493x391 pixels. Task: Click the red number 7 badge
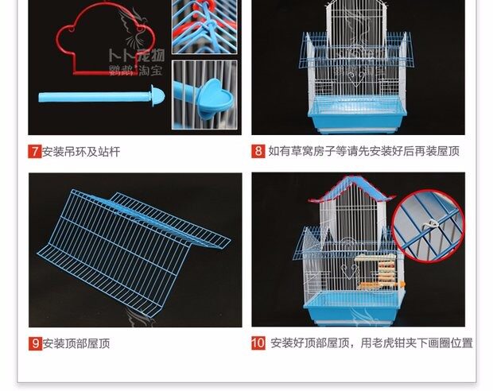click(35, 151)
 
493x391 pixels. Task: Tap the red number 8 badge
click(258, 151)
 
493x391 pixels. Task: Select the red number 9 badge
click(35, 343)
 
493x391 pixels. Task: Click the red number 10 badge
click(258, 343)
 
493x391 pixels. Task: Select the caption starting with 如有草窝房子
click(363, 151)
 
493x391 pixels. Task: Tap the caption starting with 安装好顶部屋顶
click(371, 343)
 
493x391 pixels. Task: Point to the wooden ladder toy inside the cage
click(388, 274)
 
